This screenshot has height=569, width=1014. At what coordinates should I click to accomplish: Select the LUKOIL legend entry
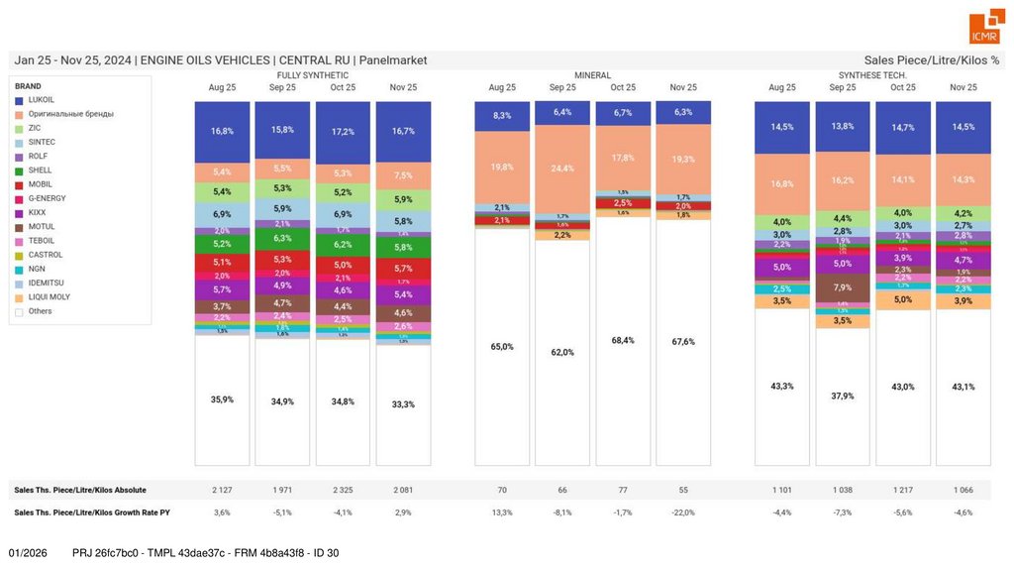tap(41, 100)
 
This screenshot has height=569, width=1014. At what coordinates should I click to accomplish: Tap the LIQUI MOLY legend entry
tap(49, 296)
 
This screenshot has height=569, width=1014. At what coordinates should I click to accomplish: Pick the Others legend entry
tap(40, 311)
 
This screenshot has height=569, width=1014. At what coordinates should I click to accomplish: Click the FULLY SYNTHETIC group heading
tap(312, 75)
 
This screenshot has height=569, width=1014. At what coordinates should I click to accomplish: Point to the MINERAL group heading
tap(592, 75)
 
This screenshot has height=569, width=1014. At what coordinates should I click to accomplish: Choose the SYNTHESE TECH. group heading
tap(872, 75)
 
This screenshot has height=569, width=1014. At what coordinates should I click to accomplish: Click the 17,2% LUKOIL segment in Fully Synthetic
tap(343, 131)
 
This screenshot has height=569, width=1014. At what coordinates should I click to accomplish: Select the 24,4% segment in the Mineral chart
tap(562, 169)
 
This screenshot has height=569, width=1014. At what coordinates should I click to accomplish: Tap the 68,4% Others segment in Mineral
tap(623, 340)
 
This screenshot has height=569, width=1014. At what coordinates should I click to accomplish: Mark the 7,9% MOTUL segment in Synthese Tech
tap(843, 287)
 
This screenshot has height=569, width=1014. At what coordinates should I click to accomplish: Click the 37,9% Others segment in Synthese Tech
tap(843, 396)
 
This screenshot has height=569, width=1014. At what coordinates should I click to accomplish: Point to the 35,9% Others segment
tap(222, 399)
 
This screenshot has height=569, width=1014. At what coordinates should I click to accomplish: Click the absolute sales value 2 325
tap(343, 490)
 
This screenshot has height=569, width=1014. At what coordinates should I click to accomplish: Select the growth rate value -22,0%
tap(683, 512)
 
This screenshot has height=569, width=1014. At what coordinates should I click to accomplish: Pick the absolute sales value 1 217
tap(903, 490)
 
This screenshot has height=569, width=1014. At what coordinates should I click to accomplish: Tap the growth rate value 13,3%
tap(502, 512)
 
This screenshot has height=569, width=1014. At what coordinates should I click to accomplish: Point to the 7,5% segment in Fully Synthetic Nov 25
tap(403, 175)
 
